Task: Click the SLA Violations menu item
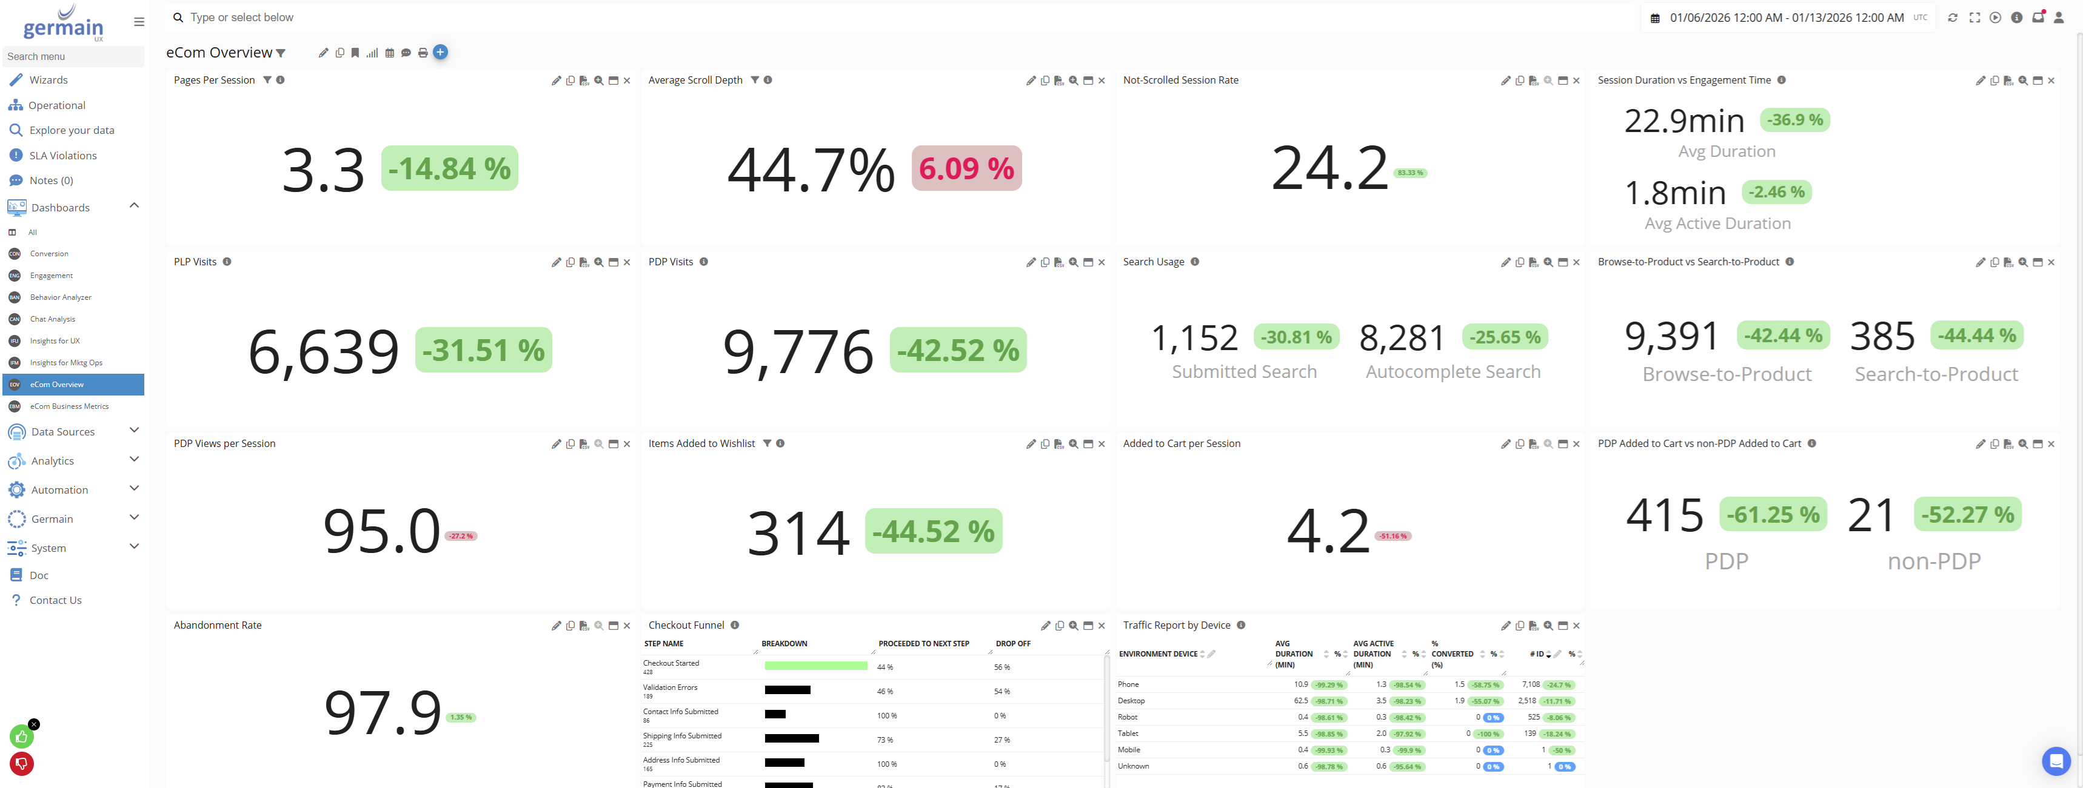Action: pyautogui.click(x=62, y=155)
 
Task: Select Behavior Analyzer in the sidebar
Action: pyautogui.click(x=61, y=297)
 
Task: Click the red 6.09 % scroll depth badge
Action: pyautogui.click(x=966, y=168)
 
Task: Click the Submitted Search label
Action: pyautogui.click(x=1243, y=372)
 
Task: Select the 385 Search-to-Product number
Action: pyautogui.click(x=1882, y=336)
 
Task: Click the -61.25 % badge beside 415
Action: pyautogui.click(x=1773, y=514)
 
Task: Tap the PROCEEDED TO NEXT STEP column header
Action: pyautogui.click(x=923, y=644)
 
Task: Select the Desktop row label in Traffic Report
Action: pyautogui.click(x=1131, y=701)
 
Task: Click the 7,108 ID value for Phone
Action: pyautogui.click(x=1530, y=684)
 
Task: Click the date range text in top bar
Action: pyautogui.click(x=1786, y=18)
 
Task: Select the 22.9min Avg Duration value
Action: pyautogui.click(x=1683, y=121)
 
